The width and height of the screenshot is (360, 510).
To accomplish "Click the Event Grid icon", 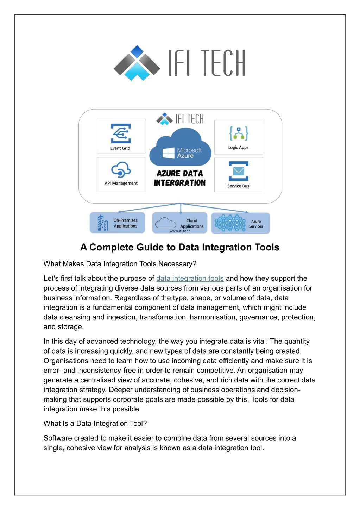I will point(121,133).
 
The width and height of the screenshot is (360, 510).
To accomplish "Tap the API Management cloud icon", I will point(121,170).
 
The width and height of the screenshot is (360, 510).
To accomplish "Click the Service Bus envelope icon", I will point(239,171).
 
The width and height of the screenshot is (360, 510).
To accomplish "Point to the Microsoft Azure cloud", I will point(180,148).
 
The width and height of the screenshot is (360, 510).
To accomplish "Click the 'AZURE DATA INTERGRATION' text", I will point(180,178).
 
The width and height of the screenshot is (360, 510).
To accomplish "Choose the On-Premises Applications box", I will point(117,223).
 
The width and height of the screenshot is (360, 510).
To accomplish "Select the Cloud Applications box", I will point(180,223).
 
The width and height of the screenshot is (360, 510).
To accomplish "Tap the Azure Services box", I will point(240,223).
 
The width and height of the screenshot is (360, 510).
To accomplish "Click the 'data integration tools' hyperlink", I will point(190,278).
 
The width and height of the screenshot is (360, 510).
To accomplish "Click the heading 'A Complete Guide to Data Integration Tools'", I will point(180,247).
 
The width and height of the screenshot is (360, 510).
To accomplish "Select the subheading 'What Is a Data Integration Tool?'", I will point(95,423).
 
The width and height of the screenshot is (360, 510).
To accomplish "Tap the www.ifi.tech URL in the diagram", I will point(180,231).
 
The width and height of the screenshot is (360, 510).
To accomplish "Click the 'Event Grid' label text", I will point(120,148).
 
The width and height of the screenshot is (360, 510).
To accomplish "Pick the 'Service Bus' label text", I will point(238,186).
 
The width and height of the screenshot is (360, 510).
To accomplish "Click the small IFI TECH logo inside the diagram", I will point(180,119).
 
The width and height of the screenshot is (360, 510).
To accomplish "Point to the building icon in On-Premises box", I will point(102,223).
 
